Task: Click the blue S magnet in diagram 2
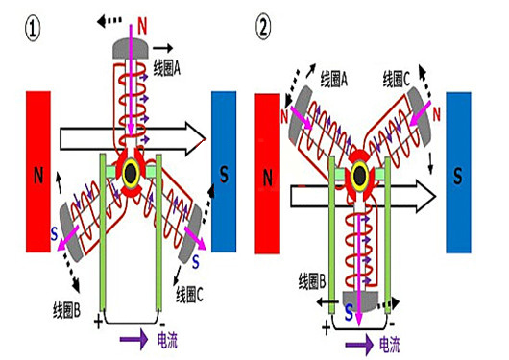pos(458,175)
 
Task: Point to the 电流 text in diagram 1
pos(167,339)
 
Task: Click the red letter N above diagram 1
pos(144,18)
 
